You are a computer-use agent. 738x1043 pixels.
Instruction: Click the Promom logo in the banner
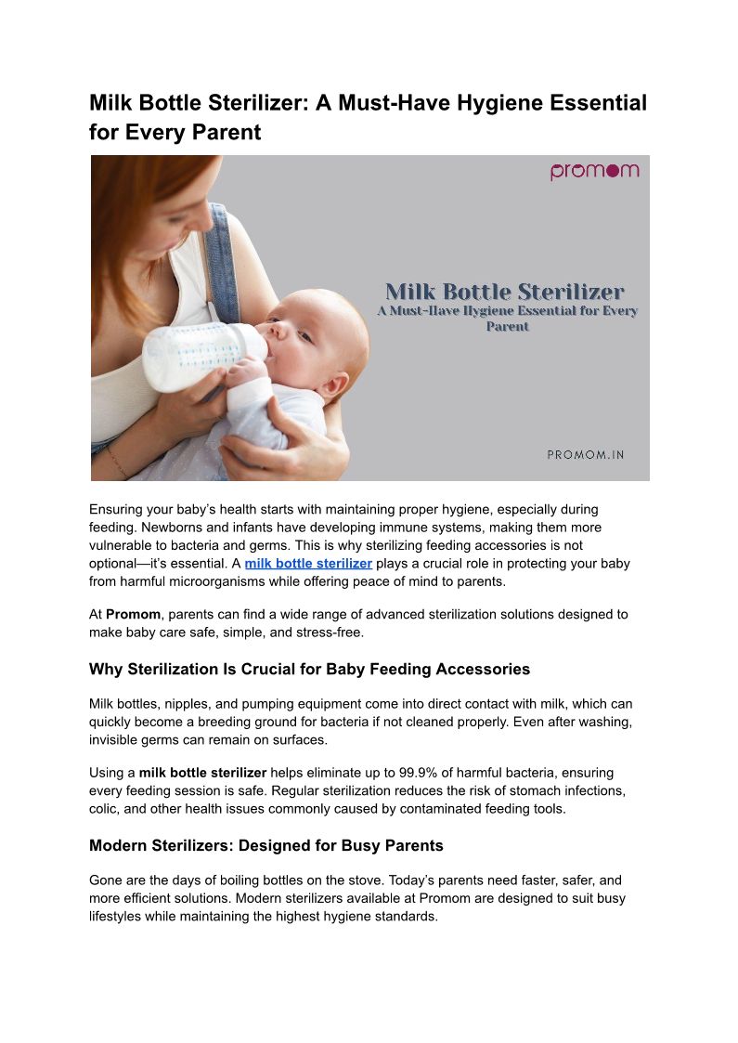coord(594,171)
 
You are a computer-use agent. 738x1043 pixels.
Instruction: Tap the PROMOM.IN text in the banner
coord(585,455)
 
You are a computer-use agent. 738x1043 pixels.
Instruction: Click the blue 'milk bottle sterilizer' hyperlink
coord(308,564)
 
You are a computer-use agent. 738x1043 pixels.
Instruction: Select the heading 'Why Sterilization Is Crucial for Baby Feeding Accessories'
coord(309,669)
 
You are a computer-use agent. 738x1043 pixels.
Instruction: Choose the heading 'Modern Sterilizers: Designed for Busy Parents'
coord(265,845)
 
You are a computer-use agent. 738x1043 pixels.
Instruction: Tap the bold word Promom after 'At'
coord(133,614)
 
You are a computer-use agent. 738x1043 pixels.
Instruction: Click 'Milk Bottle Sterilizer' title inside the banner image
coord(506,293)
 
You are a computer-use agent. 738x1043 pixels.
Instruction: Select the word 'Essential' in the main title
coord(597,103)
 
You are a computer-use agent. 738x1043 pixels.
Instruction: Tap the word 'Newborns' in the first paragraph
coord(169,528)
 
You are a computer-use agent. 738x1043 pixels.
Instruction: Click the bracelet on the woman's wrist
coord(118,462)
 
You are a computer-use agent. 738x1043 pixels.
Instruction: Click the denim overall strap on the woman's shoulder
coord(220,251)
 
